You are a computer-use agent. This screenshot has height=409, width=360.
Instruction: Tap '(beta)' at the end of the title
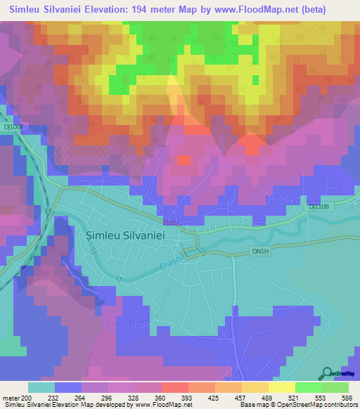(x=336, y=8)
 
